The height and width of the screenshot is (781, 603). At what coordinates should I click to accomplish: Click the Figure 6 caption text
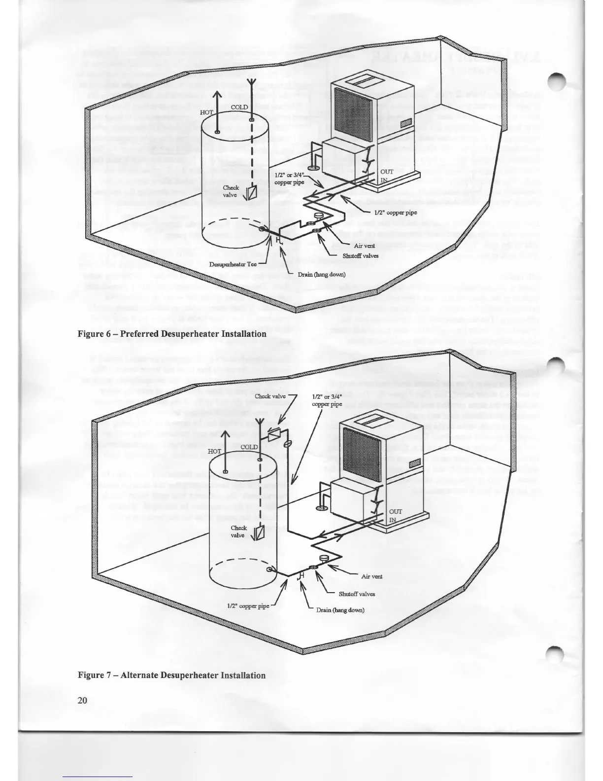172,334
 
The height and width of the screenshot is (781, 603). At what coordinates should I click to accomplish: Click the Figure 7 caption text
171,675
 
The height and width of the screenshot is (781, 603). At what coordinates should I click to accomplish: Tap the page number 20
82,701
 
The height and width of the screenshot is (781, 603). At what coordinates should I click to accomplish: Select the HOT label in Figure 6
206,112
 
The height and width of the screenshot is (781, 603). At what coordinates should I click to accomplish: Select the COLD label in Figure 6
239,107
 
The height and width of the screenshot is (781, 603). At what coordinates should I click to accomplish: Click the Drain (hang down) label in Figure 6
321,274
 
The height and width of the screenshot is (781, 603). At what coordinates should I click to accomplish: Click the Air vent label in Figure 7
371,576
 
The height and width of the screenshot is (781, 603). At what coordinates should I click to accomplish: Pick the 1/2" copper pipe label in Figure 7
251,606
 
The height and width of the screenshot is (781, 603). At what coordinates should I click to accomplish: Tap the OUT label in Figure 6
387,172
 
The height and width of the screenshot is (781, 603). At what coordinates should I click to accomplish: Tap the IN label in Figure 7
393,520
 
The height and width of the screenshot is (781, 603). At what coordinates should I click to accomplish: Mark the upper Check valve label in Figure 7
270,396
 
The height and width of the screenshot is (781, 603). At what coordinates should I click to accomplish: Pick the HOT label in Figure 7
215,451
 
